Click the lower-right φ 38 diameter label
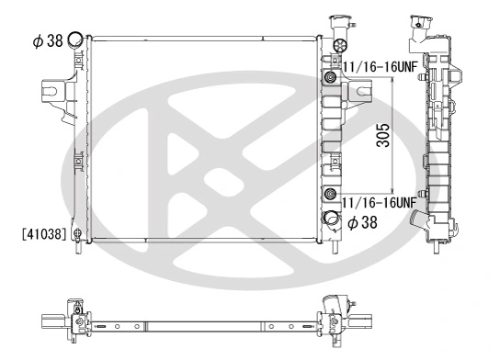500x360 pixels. (359, 221)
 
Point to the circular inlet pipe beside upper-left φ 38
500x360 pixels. (75, 39)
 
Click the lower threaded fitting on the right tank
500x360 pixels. (328, 193)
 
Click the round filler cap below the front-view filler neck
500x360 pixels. (339, 46)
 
